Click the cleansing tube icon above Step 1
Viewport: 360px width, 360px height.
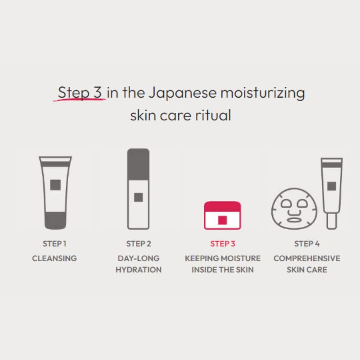pyautogui.click(x=55, y=193)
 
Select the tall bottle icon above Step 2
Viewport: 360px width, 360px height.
pyautogui.click(x=138, y=189)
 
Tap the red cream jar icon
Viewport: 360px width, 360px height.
pyautogui.click(x=222, y=215)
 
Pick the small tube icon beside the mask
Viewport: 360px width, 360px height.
pyautogui.click(x=332, y=193)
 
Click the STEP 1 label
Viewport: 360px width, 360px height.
pyautogui.click(x=54, y=244)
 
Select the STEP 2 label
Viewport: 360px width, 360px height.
pyautogui.click(x=139, y=244)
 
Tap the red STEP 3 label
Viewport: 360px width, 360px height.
pyautogui.click(x=222, y=244)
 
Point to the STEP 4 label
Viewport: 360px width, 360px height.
pyautogui.click(x=307, y=244)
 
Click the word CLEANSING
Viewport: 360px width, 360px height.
pyautogui.click(x=54, y=258)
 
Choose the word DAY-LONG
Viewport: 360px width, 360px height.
pyautogui.click(x=139, y=258)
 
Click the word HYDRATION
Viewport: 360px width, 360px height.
pyautogui.click(x=139, y=270)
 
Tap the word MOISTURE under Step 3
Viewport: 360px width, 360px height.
pyautogui.click(x=243, y=258)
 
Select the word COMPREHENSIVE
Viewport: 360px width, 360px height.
pyautogui.click(x=307, y=258)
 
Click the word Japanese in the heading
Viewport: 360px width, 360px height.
pyautogui.click(x=183, y=93)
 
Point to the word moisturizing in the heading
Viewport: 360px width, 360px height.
pyautogui.click(x=262, y=93)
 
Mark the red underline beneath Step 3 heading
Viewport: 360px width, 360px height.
pyautogui.click(x=79, y=99)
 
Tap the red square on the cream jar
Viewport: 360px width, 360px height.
pyautogui.click(x=222, y=220)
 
